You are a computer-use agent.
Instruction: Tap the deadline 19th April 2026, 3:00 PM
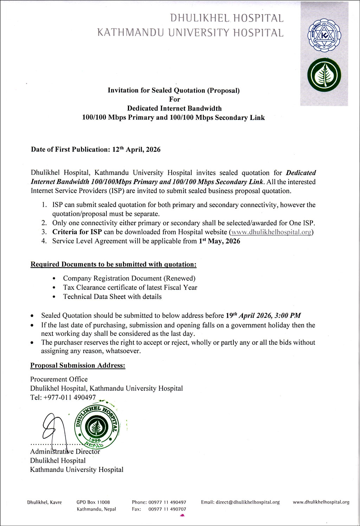tap(263, 315)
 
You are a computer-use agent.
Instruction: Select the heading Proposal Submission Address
tap(78, 365)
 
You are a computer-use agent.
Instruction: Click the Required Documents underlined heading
tap(114, 264)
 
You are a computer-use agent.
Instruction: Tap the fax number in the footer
tap(167, 509)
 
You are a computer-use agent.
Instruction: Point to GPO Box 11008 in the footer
tap(93, 502)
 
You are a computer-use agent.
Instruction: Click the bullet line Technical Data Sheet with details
tap(112, 297)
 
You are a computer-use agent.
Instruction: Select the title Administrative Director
tap(65, 451)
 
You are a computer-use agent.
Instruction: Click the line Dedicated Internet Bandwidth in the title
tap(174, 108)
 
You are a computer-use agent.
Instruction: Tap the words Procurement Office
tap(59, 379)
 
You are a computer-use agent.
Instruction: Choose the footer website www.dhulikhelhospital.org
tap(321, 502)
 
